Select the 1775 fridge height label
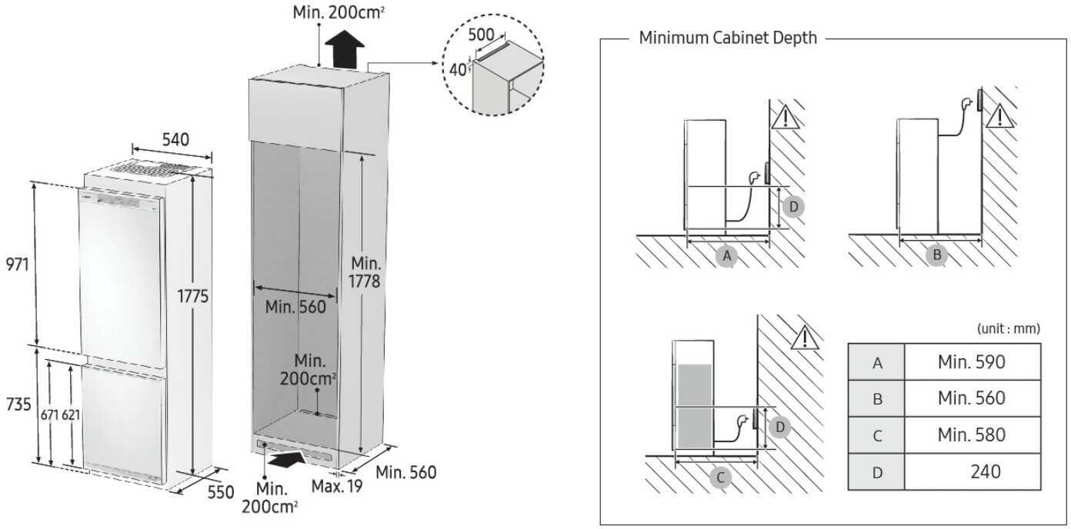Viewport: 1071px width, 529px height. click(192, 296)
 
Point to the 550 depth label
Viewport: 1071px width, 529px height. click(220, 492)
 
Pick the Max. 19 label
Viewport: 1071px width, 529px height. click(335, 486)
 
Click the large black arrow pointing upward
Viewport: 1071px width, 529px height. click(343, 52)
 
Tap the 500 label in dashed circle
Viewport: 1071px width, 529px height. click(482, 35)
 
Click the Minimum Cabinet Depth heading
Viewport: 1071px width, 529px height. click(728, 38)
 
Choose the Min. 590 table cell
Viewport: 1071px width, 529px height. click(971, 361)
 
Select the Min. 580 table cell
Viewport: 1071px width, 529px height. click(971, 434)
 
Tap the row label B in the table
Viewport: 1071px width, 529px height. click(876, 399)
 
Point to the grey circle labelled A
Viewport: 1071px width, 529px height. click(726, 256)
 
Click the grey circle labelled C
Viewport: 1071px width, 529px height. click(720, 477)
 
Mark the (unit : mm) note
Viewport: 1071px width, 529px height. click(1008, 328)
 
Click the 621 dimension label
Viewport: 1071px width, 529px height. click(72, 414)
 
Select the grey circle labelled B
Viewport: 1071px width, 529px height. click(936, 255)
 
